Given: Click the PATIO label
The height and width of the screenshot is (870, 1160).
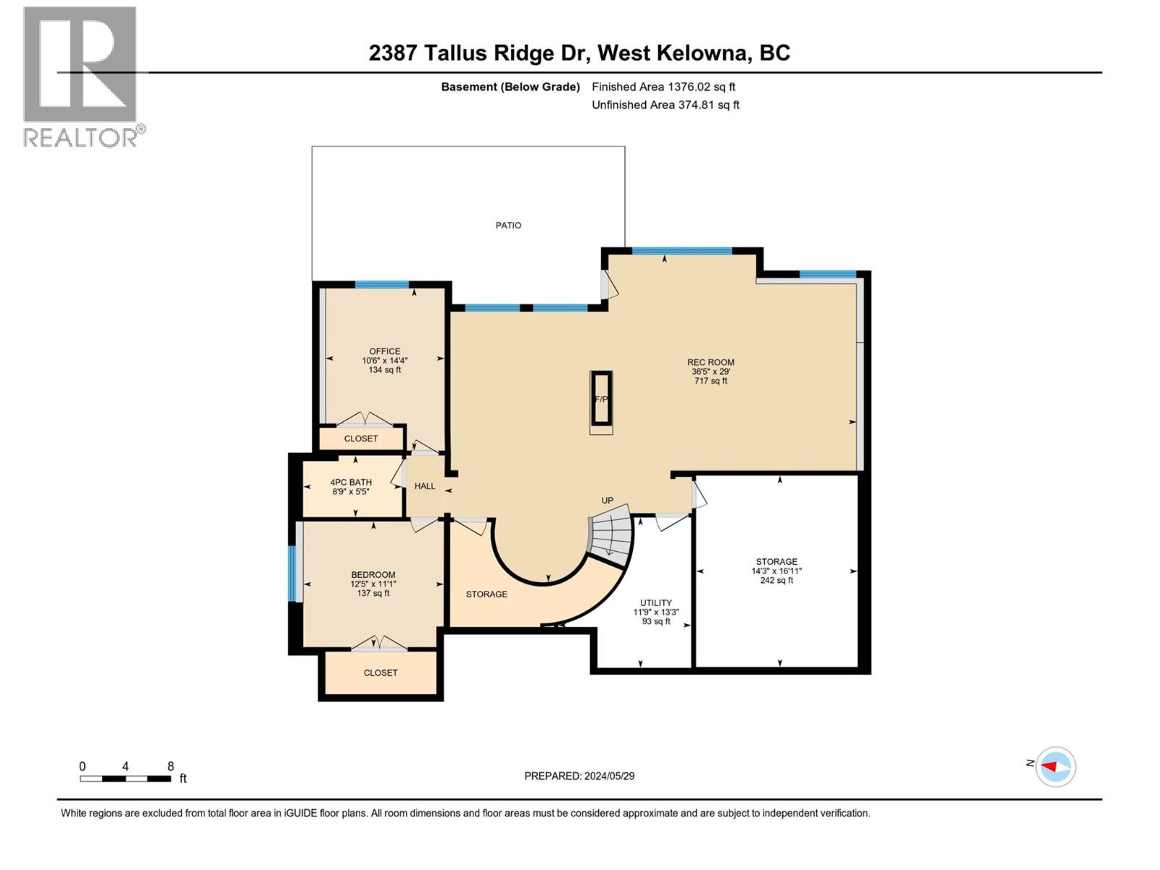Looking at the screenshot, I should [x=508, y=225].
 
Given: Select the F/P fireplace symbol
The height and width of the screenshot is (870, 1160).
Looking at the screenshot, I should [x=601, y=399].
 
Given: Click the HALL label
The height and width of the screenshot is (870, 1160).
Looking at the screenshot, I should [x=425, y=486].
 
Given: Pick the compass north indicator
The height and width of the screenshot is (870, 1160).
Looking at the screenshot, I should [x=1055, y=766].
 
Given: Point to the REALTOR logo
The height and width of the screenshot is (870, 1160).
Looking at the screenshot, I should [x=80, y=76].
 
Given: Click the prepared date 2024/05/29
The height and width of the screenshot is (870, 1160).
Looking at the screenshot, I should [x=579, y=776].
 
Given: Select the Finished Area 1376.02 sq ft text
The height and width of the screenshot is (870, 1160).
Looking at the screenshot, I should [x=663, y=86].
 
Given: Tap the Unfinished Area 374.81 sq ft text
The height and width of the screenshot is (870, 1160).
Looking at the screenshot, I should [x=666, y=105].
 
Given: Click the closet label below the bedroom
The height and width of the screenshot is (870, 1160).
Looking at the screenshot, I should [x=381, y=673].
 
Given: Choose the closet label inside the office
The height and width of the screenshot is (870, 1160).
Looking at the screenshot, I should [x=361, y=439].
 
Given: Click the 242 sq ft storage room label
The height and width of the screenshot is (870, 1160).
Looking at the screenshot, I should [x=776, y=571].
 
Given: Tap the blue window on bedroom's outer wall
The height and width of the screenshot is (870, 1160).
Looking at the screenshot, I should [x=293, y=573].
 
